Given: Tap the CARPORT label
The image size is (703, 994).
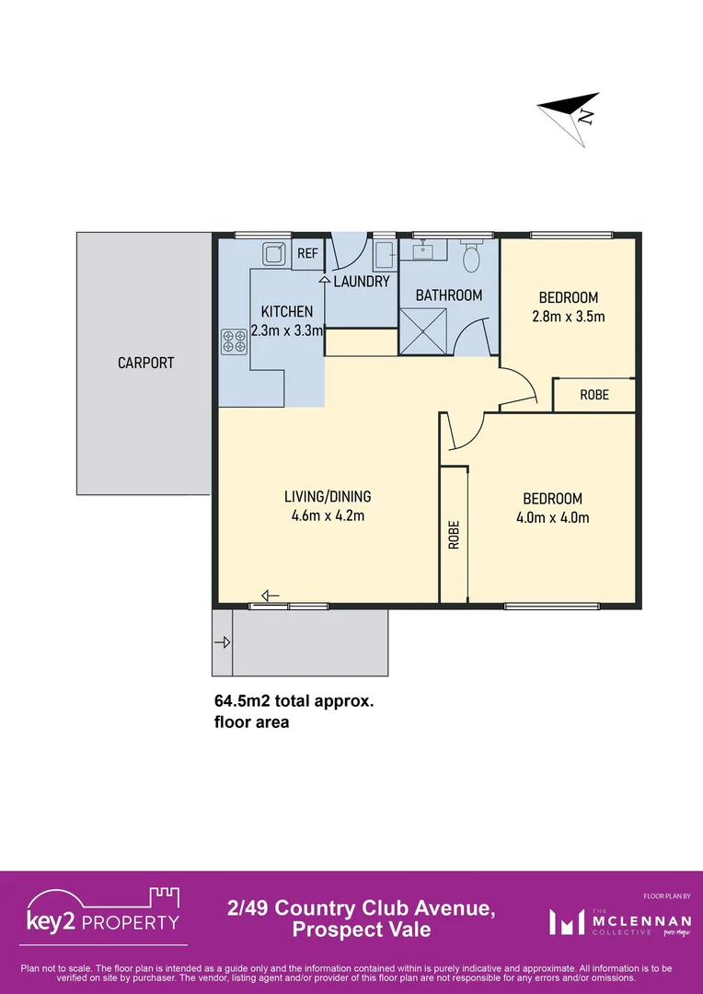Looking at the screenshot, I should [x=145, y=363].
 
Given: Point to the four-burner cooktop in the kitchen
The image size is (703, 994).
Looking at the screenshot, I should [x=234, y=341].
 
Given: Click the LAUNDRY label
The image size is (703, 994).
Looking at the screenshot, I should [x=362, y=282].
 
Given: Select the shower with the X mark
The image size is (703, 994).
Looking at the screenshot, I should [x=423, y=331].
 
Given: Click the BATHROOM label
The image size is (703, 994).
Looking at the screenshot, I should [x=449, y=295].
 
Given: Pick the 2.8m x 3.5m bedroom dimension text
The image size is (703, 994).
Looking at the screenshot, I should [x=568, y=316].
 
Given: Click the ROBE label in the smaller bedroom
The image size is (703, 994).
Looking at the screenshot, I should [x=594, y=395].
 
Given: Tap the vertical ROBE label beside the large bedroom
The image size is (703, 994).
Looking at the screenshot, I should [x=454, y=536].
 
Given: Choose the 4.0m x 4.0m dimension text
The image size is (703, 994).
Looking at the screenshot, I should [x=553, y=517].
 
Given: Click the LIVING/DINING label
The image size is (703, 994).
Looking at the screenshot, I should [x=328, y=497].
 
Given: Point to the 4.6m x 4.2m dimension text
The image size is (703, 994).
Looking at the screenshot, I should [x=328, y=515].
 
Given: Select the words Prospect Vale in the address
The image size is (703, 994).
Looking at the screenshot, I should [x=362, y=930].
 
